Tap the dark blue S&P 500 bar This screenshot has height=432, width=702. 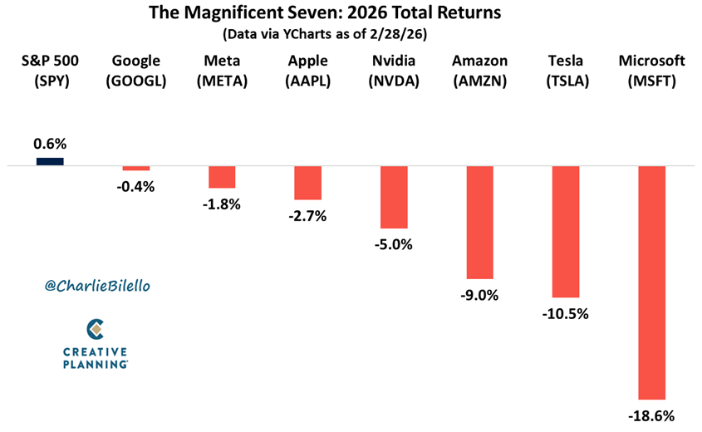[50, 161]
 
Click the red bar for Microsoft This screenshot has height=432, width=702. [651, 282]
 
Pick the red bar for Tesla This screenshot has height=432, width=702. [565, 231]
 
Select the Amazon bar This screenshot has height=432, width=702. [479, 222]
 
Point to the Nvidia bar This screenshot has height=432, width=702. [394, 197]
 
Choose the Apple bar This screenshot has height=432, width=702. [307, 183]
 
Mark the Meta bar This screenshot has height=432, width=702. [222, 177]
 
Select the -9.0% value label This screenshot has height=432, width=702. [479, 294]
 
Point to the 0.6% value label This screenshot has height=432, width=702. [50, 144]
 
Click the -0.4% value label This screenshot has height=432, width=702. [136, 186]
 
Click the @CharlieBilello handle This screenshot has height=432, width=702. [98, 285]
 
